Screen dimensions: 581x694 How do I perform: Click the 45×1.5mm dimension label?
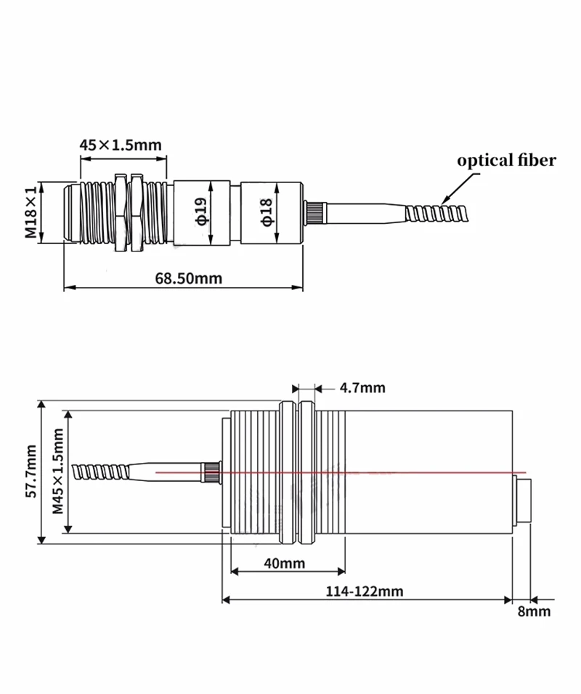(121, 145)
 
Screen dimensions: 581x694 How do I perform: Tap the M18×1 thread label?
(31, 212)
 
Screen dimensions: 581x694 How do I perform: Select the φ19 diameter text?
(202, 211)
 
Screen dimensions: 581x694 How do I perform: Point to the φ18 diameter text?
(267, 212)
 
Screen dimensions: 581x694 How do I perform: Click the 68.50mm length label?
(188, 278)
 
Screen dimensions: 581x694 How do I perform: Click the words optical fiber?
(506, 160)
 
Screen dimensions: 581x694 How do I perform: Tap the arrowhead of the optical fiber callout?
(442, 203)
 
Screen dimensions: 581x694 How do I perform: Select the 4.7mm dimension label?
(362, 388)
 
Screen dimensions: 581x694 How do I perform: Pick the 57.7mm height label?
(31, 472)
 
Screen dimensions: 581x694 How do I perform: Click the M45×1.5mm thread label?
(58, 472)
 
